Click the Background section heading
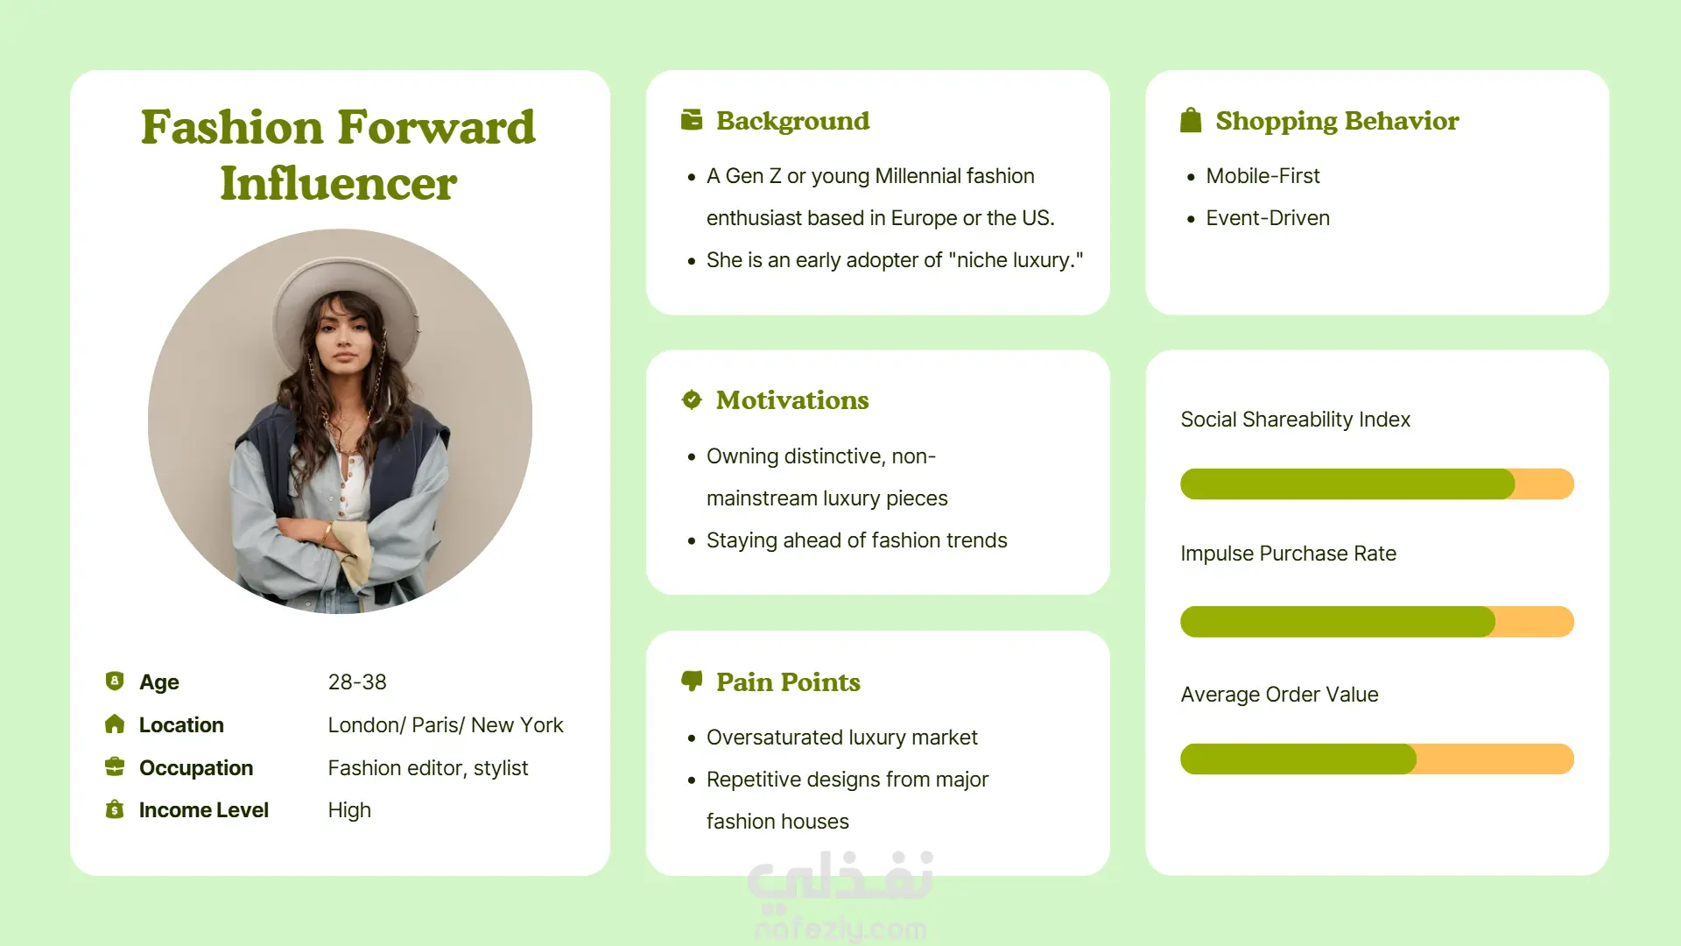click(792, 121)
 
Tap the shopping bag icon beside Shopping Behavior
click(1191, 120)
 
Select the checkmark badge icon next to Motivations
click(692, 399)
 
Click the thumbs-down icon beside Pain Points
click(692, 681)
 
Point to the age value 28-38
click(357, 682)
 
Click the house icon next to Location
click(115, 724)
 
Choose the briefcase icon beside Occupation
click(115, 767)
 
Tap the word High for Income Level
click(349, 810)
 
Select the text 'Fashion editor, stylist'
click(428, 768)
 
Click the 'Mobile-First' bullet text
click(1263, 176)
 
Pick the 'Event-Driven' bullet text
click(1268, 218)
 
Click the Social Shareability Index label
click(1295, 420)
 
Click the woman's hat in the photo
click(346, 298)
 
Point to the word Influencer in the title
click(339, 184)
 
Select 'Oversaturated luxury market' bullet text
click(841, 738)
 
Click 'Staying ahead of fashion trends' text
click(856, 540)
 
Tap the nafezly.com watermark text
click(840, 928)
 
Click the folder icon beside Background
click(692, 120)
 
